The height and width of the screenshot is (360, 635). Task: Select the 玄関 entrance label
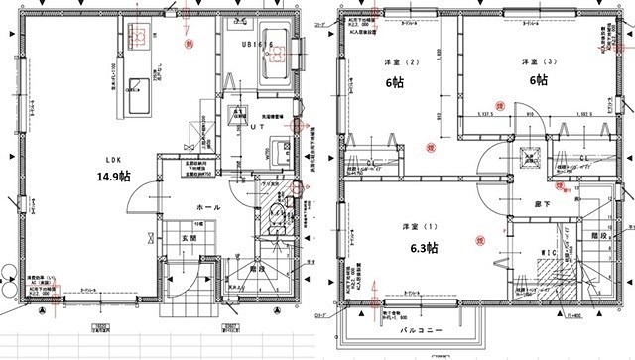[187, 239]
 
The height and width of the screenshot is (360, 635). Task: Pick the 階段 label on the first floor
[257, 267]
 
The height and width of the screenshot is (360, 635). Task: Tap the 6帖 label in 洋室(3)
[537, 81]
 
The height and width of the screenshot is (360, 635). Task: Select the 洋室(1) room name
[416, 225]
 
